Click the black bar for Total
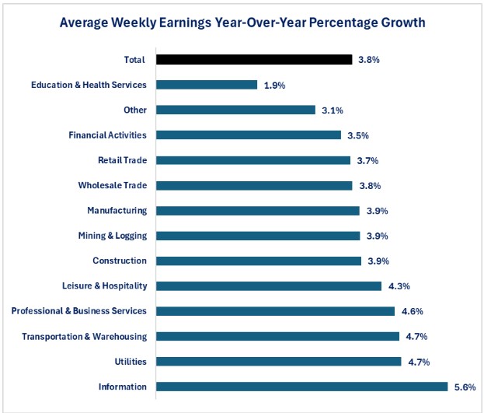coord(254,59)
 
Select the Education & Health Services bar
coord(207,85)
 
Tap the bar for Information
coord(302,387)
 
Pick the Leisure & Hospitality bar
coord(269,286)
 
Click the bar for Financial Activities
coord(249,135)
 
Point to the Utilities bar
coord(279,362)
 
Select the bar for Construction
coord(259,261)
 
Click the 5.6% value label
coord(464,387)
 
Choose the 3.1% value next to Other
coord(332,110)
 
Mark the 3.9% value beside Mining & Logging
coord(377,236)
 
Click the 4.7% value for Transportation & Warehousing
coord(416,337)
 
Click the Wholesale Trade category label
coord(112,185)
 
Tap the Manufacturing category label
coord(117,211)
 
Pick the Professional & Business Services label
coord(78,311)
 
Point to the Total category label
coord(134,59)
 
